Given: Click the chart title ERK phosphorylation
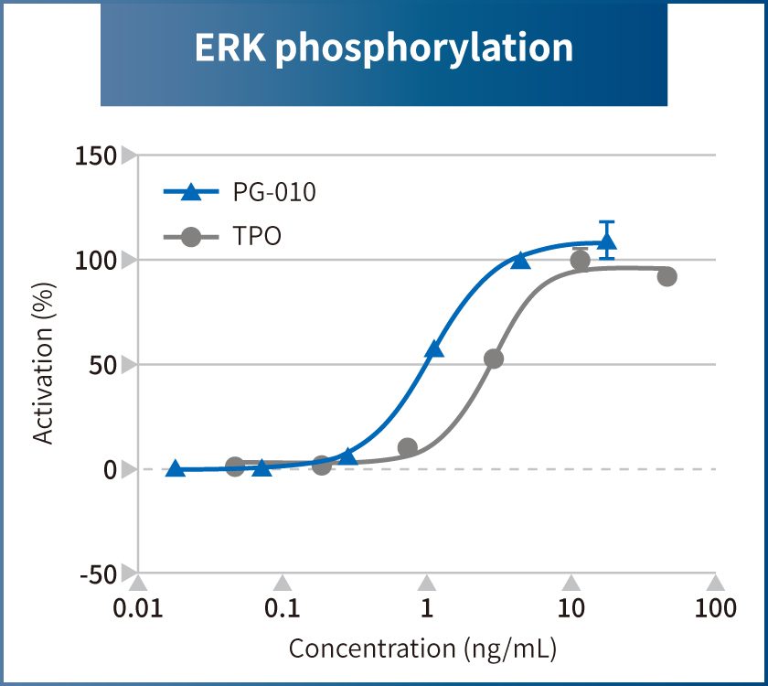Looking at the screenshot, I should click(x=384, y=48).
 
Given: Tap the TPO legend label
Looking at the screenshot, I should click(x=257, y=237).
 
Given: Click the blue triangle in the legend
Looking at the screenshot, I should click(x=191, y=192).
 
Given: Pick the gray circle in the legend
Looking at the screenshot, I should click(x=191, y=237).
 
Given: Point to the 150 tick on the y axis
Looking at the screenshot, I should click(x=96, y=156).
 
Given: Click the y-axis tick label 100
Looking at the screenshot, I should click(x=96, y=261).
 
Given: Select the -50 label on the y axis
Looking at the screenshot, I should click(x=96, y=574).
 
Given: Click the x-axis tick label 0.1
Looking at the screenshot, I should click(x=283, y=609).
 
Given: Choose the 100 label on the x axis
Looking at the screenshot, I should click(x=716, y=609).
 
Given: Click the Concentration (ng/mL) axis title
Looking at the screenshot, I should click(x=422, y=648).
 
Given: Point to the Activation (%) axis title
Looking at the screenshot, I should click(x=43, y=363).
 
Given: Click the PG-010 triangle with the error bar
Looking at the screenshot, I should click(x=606, y=242).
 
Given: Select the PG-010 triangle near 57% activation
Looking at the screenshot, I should click(x=434, y=348).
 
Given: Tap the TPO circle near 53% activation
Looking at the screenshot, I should click(x=494, y=359).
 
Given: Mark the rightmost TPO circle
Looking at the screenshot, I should click(x=667, y=276).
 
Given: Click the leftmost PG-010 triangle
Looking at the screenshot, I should click(x=176, y=468).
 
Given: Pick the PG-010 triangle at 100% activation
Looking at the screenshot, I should click(x=520, y=261).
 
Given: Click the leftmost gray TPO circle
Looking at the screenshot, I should click(x=235, y=466).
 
